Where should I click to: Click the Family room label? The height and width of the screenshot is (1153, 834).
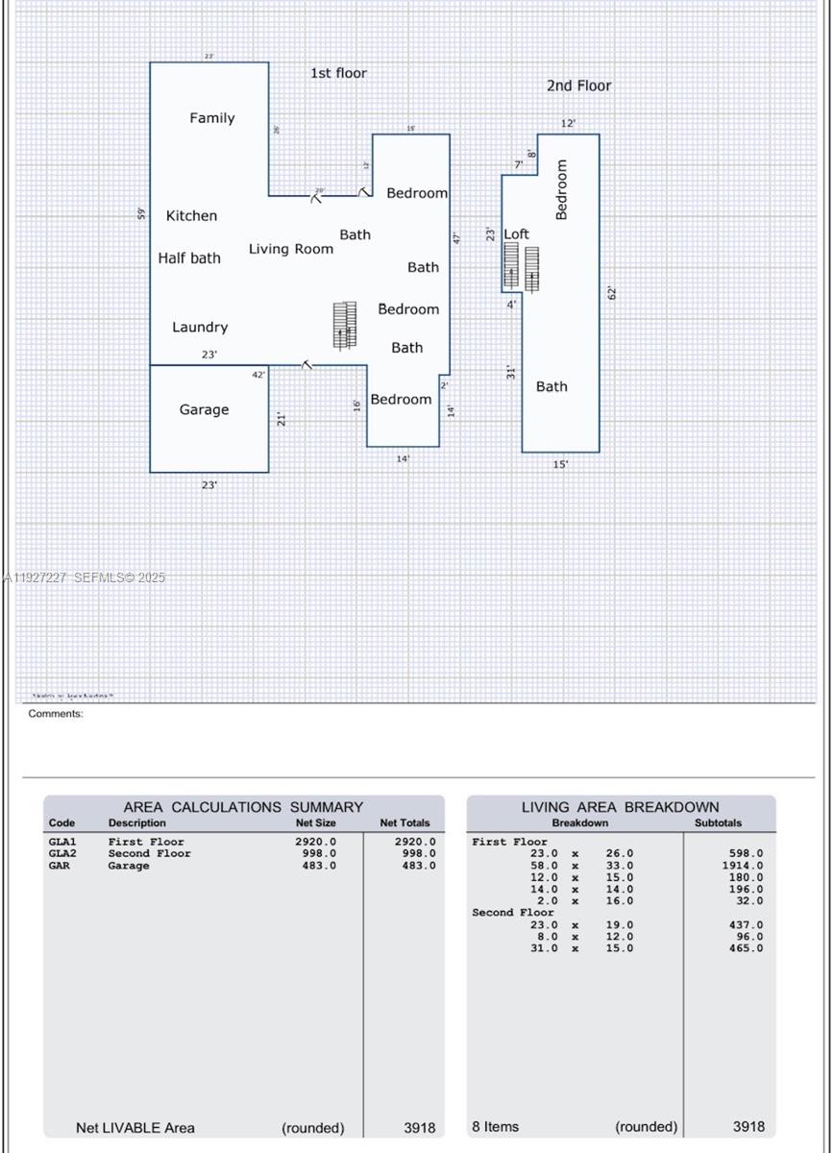pyautogui.click(x=211, y=118)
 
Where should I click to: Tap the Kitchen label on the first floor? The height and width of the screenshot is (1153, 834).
pyautogui.click(x=191, y=216)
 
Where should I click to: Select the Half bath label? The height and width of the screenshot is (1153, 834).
pyautogui.click(x=189, y=258)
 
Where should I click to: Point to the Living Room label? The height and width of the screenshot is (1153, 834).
pyautogui.click(x=291, y=249)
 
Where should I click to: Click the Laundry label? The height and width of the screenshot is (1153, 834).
pyautogui.click(x=200, y=328)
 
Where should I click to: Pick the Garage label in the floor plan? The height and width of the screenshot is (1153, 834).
pyautogui.click(x=204, y=410)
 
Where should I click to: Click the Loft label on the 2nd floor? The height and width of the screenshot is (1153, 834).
pyautogui.click(x=517, y=234)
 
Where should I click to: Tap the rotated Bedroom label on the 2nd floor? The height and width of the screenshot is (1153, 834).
pyautogui.click(x=562, y=190)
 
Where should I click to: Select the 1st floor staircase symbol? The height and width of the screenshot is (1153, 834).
pyautogui.click(x=344, y=325)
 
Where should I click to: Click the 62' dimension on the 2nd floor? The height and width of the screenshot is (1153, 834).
pyautogui.click(x=612, y=293)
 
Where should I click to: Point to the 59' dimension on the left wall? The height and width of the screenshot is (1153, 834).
pyautogui.click(x=141, y=213)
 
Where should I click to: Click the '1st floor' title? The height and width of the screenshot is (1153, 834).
pyautogui.click(x=338, y=73)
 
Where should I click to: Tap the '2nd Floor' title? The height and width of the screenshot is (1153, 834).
pyautogui.click(x=578, y=86)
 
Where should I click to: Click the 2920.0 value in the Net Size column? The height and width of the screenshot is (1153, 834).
pyautogui.click(x=315, y=842)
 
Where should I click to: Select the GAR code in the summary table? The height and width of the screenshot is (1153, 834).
pyautogui.click(x=60, y=866)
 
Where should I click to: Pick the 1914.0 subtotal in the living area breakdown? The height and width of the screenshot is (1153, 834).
pyautogui.click(x=746, y=866)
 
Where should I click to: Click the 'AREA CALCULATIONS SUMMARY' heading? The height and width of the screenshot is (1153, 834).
pyautogui.click(x=243, y=807)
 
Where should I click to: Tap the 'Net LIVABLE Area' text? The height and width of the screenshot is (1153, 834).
pyautogui.click(x=135, y=1127)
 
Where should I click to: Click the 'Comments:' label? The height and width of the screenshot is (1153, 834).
pyautogui.click(x=56, y=714)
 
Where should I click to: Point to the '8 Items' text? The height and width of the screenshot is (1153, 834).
pyautogui.click(x=496, y=1126)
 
